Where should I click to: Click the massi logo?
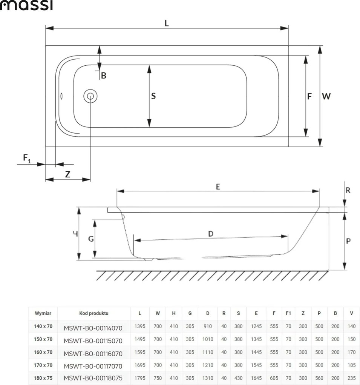(x=26, y=5)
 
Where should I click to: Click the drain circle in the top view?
(x=90, y=96)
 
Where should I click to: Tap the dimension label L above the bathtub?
(x=167, y=23)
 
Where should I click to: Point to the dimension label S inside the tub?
(x=153, y=96)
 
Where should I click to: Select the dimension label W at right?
(x=326, y=96)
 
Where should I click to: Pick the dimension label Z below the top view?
(x=68, y=174)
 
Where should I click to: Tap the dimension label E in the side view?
(x=218, y=187)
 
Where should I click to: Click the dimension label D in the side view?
(x=211, y=234)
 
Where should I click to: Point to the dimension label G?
(x=91, y=239)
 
